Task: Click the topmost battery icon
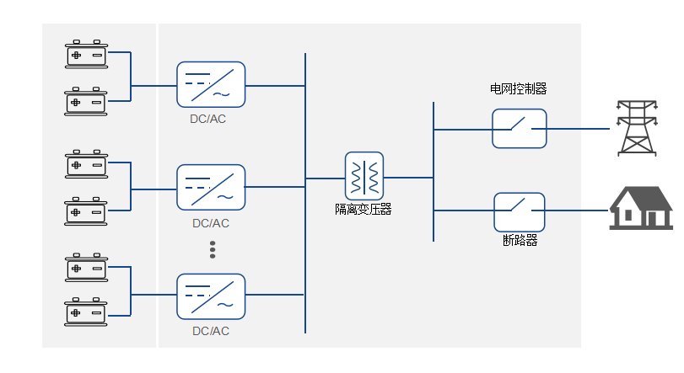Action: click(x=86, y=54)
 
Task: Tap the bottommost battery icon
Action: click(x=86, y=312)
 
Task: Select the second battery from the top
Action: click(x=86, y=101)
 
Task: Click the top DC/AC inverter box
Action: click(x=211, y=84)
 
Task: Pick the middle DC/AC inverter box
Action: click(x=211, y=187)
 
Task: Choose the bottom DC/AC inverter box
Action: click(x=211, y=295)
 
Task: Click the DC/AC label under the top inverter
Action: click(x=208, y=119)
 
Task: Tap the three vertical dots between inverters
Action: click(x=213, y=250)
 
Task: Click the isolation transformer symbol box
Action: click(x=364, y=176)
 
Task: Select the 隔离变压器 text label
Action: click(x=364, y=210)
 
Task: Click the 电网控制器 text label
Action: click(x=519, y=88)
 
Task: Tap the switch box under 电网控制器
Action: click(x=520, y=128)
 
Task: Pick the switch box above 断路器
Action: click(x=519, y=210)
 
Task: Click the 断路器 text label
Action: click(x=520, y=241)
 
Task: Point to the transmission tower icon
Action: click(x=638, y=128)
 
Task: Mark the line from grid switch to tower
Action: click(x=578, y=129)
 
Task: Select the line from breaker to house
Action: click(x=577, y=210)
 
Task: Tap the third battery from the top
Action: click(x=86, y=162)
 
